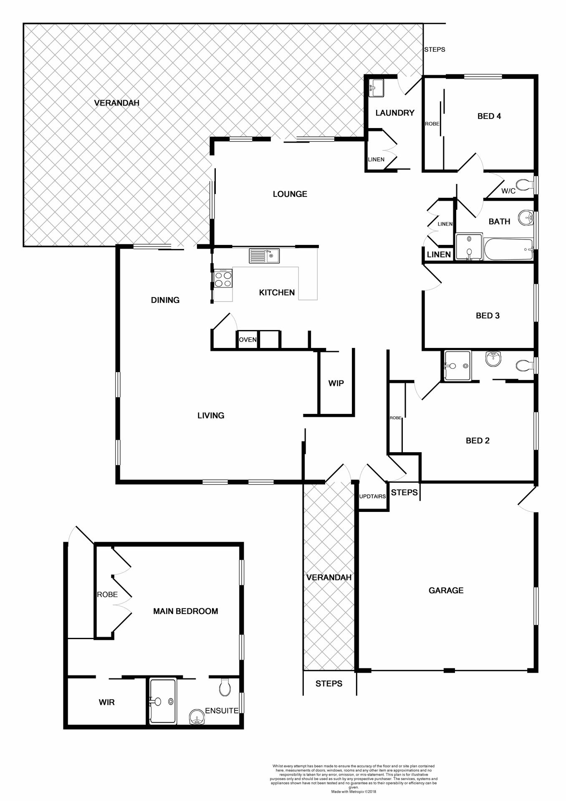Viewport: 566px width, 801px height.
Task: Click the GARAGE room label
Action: pyautogui.click(x=446, y=590)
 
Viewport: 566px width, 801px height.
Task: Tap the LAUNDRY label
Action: pyautogui.click(x=394, y=113)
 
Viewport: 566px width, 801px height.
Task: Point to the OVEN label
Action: pyautogui.click(x=248, y=340)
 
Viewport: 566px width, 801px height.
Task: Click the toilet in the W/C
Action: pyautogui.click(x=523, y=184)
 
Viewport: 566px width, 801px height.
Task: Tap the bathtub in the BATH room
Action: pyautogui.click(x=508, y=249)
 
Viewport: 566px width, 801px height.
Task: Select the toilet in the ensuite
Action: pyautogui.click(x=225, y=687)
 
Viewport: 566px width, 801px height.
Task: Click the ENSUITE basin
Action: pyautogui.click(x=197, y=718)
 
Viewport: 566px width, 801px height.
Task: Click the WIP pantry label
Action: pyautogui.click(x=336, y=383)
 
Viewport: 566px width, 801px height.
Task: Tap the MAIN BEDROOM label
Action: pyautogui.click(x=185, y=611)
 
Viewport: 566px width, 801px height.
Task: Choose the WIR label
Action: pyautogui.click(x=106, y=702)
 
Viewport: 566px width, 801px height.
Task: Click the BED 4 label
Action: pyautogui.click(x=489, y=116)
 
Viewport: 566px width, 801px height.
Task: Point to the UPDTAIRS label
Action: pyautogui.click(x=372, y=496)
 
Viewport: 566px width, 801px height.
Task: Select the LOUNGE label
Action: pyautogui.click(x=290, y=194)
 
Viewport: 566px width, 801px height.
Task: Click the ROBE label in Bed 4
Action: pyautogui.click(x=432, y=124)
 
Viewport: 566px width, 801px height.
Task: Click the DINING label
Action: pyautogui.click(x=165, y=300)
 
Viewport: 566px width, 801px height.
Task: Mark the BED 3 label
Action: pyautogui.click(x=488, y=315)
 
